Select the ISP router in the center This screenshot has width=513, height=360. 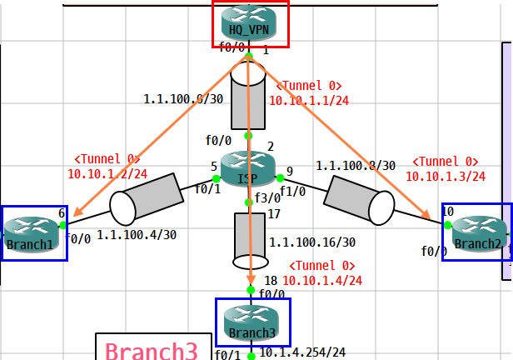click(x=248, y=167)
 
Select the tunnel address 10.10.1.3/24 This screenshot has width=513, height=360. click(x=446, y=177)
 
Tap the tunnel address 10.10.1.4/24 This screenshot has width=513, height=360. click(x=326, y=281)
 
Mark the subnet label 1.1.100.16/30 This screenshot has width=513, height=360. click(x=312, y=242)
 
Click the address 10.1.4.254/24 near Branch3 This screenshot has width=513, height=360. click(x=302, y=353)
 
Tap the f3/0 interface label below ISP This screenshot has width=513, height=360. click(x=267, y=198)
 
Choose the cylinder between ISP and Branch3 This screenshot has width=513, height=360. click(x=250, y=242)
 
